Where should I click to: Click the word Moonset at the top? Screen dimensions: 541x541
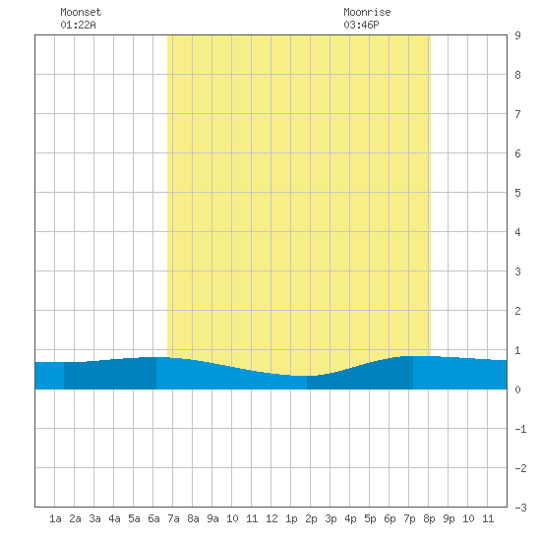[x=81, y=12]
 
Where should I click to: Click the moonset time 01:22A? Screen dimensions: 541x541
[x=78, y=25]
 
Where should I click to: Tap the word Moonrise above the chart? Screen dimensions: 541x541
[x=367, y=12]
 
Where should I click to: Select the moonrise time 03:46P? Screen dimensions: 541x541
[x=361, y=25]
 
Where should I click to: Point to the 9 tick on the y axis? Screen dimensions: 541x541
[x=517, y=35]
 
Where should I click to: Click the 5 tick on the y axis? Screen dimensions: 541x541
[x=517, y=193]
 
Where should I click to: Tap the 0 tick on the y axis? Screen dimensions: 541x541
[x=517, y=390]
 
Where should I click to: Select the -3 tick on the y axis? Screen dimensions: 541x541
[x=520, y=508]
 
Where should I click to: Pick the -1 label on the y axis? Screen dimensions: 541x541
[x=520, y=429]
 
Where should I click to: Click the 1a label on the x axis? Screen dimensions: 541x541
[x=55, y=518]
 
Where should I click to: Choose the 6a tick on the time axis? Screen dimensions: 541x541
[x=153, y=518]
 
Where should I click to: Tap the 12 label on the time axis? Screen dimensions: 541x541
[x=271, y=518]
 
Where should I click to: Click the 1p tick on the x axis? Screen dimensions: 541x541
[x=291, y=518]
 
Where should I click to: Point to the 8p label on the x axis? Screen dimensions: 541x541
[x=429, y=518]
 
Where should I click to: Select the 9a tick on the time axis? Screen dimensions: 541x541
[x=212, y=518]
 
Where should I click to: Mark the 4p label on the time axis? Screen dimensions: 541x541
[x=350, y=518]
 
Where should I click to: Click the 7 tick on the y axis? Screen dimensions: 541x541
[x=517, y=114]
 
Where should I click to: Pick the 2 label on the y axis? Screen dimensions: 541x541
[x=517, y=311]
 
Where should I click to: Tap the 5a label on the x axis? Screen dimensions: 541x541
[x=134, y=518]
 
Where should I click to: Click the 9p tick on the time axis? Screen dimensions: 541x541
[x=449, y=518]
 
